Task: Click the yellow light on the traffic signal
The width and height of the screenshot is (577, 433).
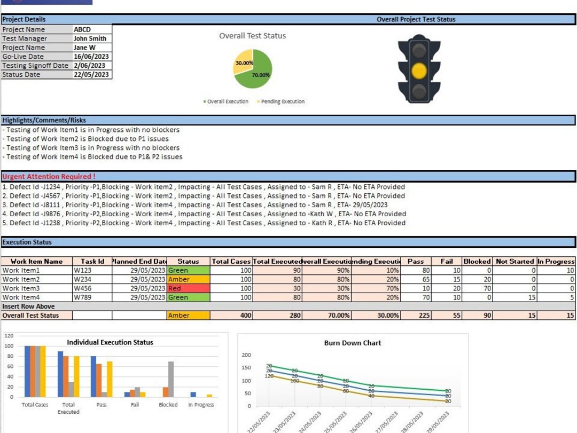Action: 419,70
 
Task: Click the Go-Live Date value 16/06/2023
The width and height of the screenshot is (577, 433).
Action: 91,57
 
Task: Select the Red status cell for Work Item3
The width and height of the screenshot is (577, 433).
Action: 188,288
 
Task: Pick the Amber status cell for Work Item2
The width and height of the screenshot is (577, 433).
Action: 188,279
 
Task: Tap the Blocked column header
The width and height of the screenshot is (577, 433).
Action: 477,261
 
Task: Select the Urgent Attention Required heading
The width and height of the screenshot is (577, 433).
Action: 49,176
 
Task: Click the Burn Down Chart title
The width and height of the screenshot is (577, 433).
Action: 353,343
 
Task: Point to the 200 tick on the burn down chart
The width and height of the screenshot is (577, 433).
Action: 246,355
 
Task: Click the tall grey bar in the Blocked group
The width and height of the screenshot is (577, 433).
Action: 171,379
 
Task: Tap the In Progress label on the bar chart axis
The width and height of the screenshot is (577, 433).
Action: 201,405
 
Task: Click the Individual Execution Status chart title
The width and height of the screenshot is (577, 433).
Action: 110,342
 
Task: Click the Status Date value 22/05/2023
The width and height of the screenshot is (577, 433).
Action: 91,75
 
